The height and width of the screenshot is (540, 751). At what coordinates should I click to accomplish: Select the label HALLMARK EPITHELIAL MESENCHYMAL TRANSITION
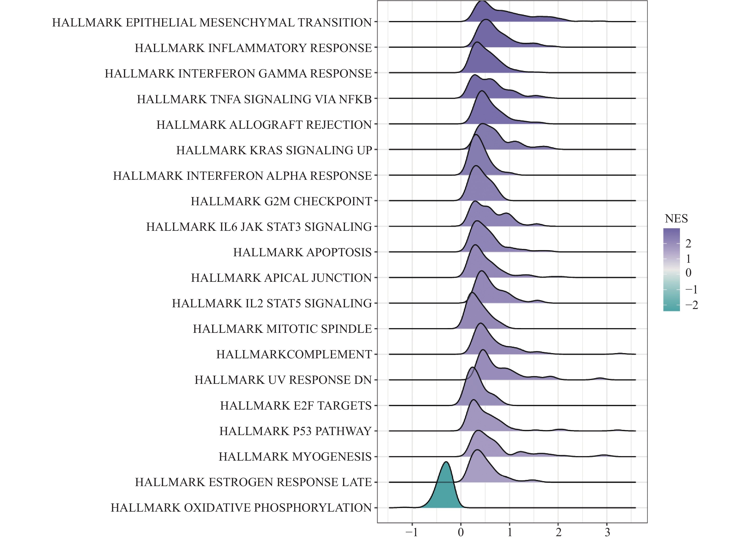[212, 22]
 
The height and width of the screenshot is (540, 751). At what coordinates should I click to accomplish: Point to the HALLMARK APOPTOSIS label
[302, 252]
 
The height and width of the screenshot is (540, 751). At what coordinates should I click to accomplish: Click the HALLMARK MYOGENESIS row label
[295, 457]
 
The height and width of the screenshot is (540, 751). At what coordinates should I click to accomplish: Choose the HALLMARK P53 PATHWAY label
[295, 431]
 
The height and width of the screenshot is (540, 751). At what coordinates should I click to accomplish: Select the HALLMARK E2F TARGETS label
[296, 406]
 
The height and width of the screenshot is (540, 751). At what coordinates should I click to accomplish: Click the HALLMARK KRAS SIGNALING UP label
[274, 150]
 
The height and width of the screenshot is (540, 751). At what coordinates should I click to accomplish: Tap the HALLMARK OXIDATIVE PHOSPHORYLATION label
[241, 508]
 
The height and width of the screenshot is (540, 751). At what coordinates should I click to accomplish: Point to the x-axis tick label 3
[607, 532]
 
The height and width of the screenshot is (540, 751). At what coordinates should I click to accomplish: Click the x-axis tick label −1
[412, 532]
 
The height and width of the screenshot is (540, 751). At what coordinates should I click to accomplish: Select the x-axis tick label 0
[461, 532]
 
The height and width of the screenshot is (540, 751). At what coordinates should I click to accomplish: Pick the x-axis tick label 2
[558, 532]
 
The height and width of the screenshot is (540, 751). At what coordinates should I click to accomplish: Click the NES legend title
[676, 219]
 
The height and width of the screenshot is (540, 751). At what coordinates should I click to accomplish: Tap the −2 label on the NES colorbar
[691, 305]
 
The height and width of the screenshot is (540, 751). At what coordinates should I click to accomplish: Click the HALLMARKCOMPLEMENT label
[294, 354]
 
